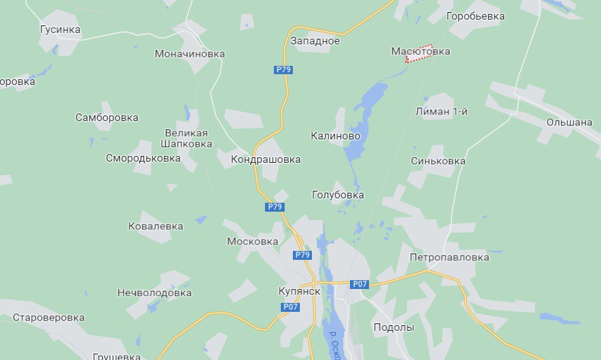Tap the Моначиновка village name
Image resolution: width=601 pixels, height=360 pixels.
tap(190, 54)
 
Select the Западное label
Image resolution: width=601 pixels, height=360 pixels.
tap(315, 41)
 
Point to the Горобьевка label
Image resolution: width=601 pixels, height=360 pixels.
tap(475, 16)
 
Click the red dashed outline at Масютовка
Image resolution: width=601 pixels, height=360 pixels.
tap(419, 55)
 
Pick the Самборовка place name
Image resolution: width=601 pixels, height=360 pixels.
tap(107, 118)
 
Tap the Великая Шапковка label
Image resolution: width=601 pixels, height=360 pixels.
tap(188, 138)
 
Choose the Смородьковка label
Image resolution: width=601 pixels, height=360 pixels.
tap(143, 158)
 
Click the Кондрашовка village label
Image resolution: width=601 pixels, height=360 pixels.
tap(266, 160)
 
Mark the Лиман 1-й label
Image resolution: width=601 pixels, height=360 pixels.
tap(441, 112)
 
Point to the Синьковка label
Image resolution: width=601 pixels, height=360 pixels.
tap(438, 161)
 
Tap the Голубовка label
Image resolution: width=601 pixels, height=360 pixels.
tap(338, 195)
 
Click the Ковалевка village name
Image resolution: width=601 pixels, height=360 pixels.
tap(155, 226)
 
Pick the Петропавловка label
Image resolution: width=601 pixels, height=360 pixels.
tap(449, 258)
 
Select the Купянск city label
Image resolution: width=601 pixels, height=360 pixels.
tap(299, 291)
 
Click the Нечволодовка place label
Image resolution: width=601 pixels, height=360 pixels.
tap(154, 293)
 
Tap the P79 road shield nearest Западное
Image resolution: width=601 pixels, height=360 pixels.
tap(283, 70)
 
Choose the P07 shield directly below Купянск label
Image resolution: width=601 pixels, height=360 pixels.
tap(290, 307)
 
